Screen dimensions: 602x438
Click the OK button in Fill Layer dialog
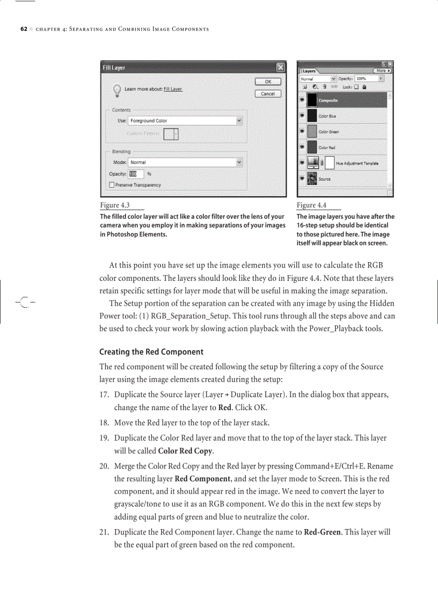pyautogui.click(x=267, y=81)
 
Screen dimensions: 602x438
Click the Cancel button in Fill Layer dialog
pyautogui.click(x=267, y=93)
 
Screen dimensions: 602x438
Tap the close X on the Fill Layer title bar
pyautogui.click(x=280, y=68)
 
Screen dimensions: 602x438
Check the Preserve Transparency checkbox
pyautogui.click(x=112, y=185)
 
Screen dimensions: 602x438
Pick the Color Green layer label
pyautogui.click(x=328, y=131)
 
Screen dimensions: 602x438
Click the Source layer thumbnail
pyautogui.click(x=312, y=179)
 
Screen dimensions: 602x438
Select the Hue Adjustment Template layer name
pyautogui.click(x=357, y=163)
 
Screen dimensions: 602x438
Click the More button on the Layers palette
pyautogui.click(x=382, y=70)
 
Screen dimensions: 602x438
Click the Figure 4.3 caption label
pyautogui.click(x=114, y=205)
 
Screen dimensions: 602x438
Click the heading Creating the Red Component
pyautogui.click(x=151, y=352)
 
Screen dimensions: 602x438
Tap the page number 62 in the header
pyautogui.click(x=24, y=28)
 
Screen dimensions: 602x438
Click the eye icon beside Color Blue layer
pyautogui.click(x=302, y=115)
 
